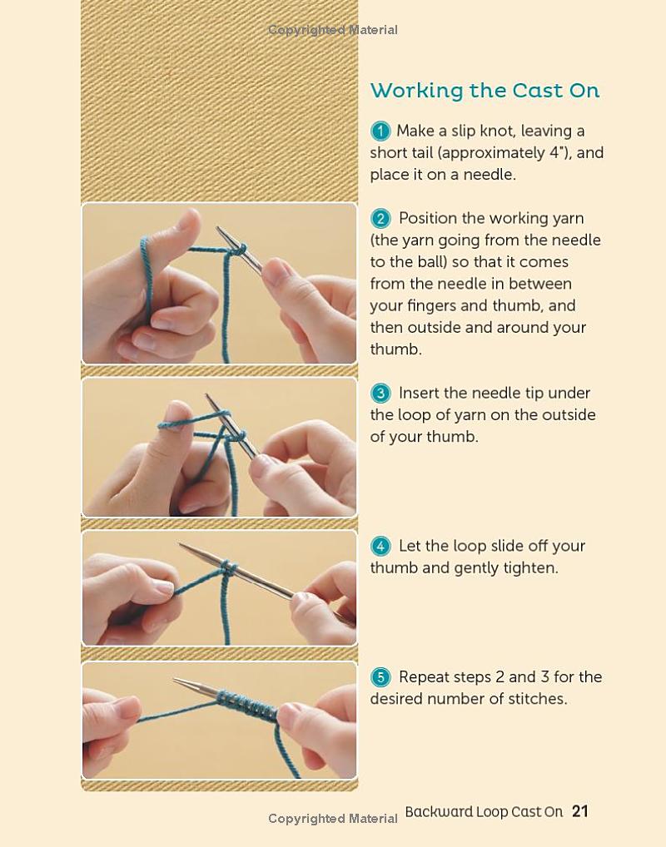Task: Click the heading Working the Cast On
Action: point(485,90)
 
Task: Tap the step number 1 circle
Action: point(380,131)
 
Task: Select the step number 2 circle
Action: point(380,218)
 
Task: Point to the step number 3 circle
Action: point(380,393)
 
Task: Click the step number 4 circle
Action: point(380,546)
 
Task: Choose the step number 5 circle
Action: point(380,676)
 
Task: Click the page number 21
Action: point(580,811)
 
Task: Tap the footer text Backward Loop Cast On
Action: point(484,812)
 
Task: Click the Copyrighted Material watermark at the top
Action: point(333,30)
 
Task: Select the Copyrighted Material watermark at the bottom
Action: point(333,819)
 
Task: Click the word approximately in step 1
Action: point(492,153)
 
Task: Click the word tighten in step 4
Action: point(531,568)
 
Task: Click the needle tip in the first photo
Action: point(218,229)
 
